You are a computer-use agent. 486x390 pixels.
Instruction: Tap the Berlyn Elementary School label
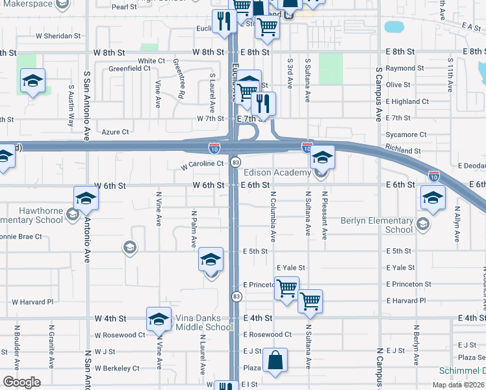377,225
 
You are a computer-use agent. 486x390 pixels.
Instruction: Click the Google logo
21,382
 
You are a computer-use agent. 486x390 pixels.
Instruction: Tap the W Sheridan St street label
58,36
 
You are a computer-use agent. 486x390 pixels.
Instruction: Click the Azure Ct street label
116,132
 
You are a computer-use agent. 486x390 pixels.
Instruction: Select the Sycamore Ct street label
405,135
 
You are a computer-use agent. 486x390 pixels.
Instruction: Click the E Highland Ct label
407,101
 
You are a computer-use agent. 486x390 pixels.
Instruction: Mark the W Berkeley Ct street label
117,368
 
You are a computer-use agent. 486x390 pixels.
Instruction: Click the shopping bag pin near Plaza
275,361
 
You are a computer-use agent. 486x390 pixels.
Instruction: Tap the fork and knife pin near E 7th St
263,104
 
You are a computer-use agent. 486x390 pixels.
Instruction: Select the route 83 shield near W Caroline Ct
236,162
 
